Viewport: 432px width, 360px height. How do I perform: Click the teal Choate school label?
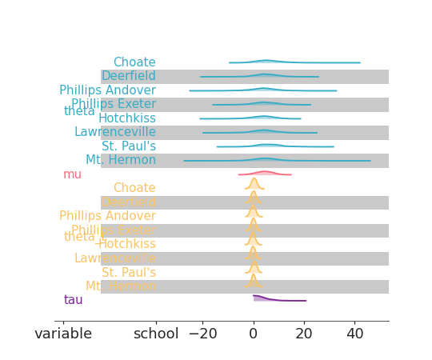134,62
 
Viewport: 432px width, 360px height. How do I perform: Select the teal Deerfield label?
128,76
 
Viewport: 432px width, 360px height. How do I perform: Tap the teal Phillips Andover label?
107,90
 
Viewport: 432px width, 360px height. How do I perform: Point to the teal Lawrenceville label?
114,132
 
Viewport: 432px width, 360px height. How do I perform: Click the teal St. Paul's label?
129,146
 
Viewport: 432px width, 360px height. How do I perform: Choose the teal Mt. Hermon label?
121,160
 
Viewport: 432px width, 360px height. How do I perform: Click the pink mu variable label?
72,174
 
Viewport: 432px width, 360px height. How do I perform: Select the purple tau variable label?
73,300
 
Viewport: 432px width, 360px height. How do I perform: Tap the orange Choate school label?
134,188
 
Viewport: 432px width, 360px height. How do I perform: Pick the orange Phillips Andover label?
107,216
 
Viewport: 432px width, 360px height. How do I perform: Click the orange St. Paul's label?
129,272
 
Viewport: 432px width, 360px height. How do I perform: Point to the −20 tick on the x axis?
202,334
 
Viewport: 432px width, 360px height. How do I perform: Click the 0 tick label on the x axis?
254,334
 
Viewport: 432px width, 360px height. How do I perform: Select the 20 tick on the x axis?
304,334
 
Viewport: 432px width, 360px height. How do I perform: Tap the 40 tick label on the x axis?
355,334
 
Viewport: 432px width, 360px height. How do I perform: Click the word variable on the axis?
63,334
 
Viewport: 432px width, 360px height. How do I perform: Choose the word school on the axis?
156,334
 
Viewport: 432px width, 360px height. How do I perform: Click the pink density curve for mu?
265,172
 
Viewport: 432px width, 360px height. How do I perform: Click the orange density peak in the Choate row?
254,182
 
